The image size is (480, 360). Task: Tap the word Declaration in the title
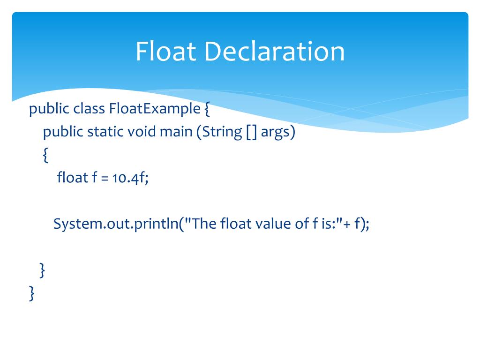(x=274, y=52)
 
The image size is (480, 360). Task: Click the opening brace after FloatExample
(x=207, y=110)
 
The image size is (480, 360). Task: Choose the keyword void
(x=142, y=132)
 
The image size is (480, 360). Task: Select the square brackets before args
(x=251, y=132)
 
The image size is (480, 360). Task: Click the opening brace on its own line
(x=45, y=155)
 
